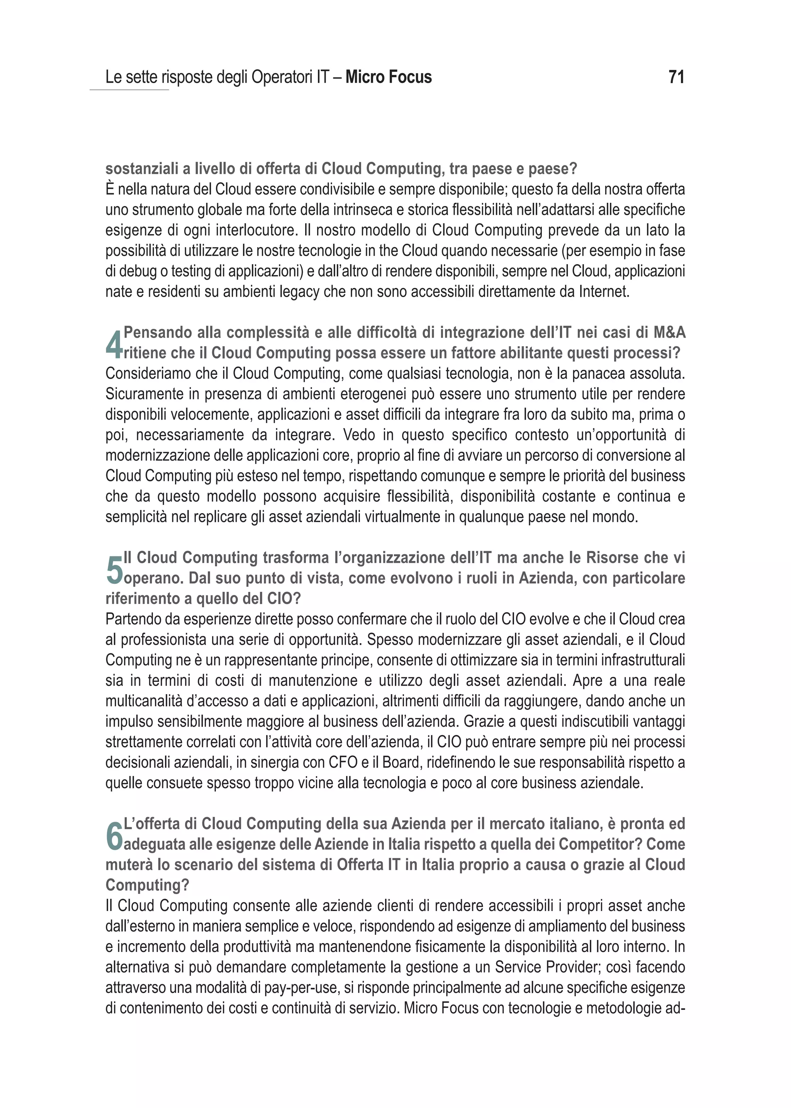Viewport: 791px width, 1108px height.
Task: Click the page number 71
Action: click(x=677, y=77)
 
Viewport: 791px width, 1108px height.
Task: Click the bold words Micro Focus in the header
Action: click(x=388, y=77)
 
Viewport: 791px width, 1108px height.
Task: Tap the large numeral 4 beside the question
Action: click(x=114, y=344)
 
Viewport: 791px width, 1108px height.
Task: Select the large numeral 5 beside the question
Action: click(x=114, y=569)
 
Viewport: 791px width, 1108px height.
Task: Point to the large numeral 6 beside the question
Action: click(x=114, y=836)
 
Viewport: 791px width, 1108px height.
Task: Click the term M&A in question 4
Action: click(x=669, y=332)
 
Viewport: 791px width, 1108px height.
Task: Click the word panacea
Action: click(x=599, y=373)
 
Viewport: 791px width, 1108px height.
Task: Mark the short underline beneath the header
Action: click(x=129, y=90)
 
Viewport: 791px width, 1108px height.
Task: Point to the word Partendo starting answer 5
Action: click(x=129, y=619)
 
